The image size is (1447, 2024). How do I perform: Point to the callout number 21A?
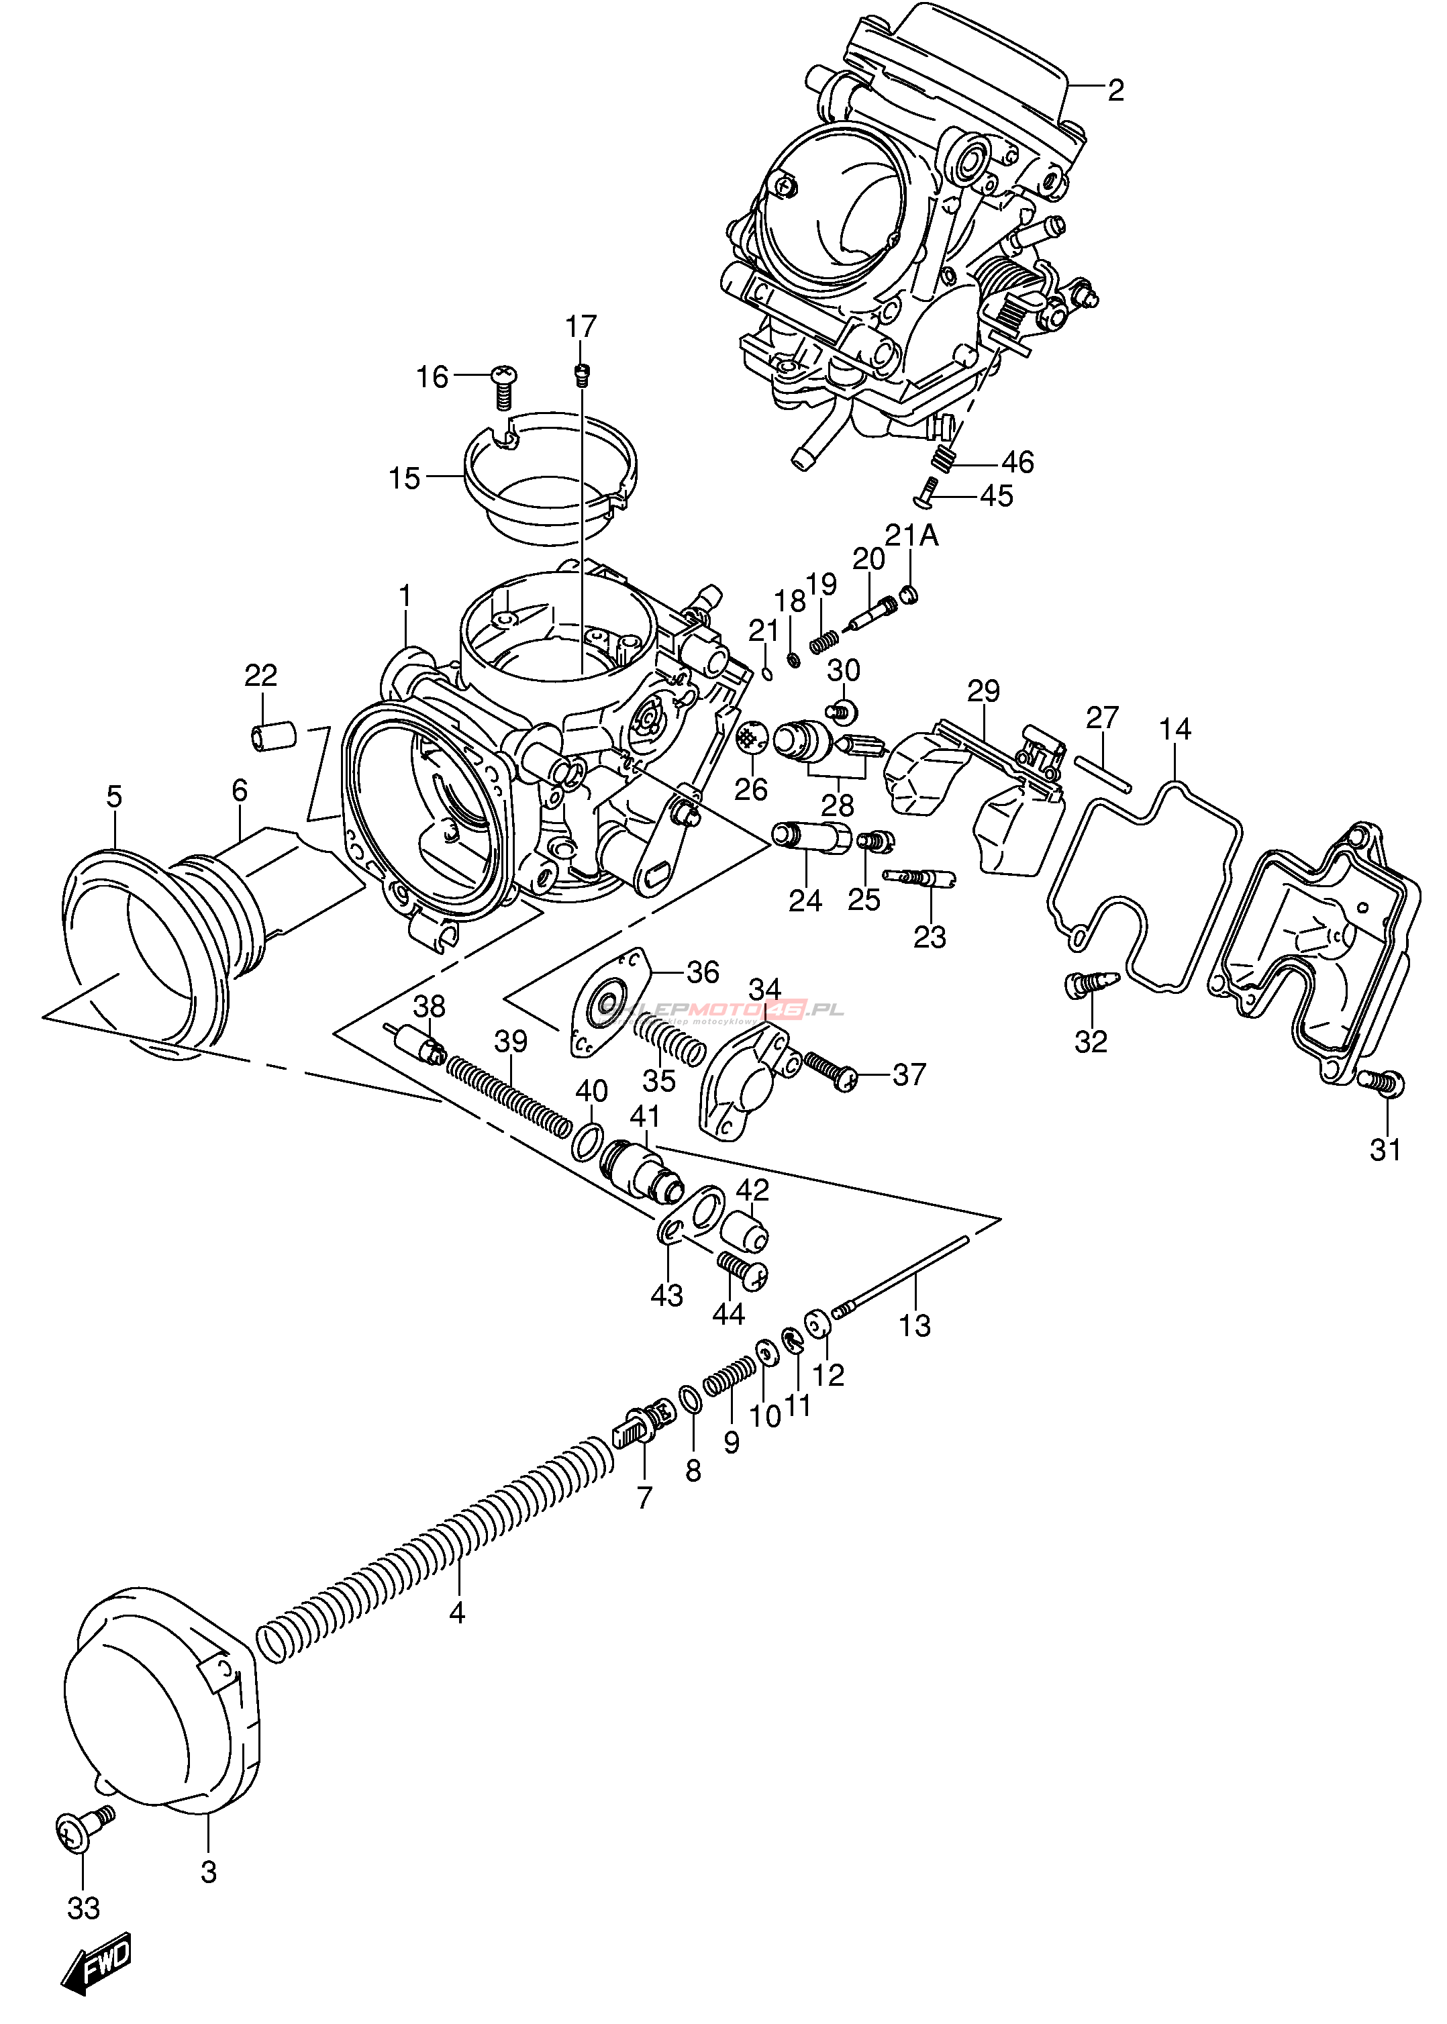click(911, 536)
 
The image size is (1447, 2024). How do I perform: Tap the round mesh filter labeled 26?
click(752, 737)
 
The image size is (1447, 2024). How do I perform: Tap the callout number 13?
click(915, 1350)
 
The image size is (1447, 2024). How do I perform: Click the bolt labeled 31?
click(1381, 1082)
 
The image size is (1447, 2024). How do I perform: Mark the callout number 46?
click(1017, 462)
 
